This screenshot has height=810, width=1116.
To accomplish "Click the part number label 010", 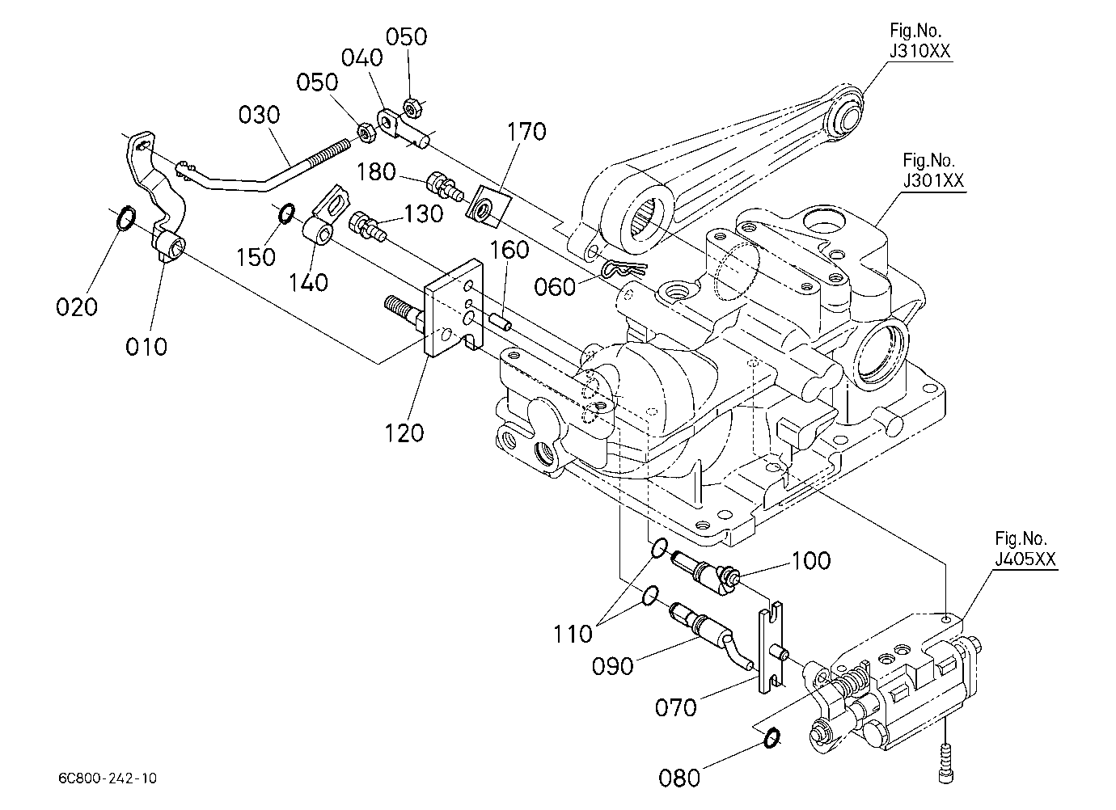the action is coord(146,347).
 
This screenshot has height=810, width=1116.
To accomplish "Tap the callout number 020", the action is coord(77,307).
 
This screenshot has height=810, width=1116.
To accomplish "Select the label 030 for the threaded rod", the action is coord(259,115).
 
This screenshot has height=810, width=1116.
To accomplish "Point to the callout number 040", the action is coord(361,57).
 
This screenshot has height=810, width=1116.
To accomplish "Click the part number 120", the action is coord(404,433).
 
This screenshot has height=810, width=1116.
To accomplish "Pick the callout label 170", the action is coord(526,132).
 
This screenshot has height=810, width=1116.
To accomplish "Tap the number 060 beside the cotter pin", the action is coord(555,287).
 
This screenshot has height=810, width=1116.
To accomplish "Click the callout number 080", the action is coord(679,778).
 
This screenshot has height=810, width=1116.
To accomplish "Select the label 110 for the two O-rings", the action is coord(573,634).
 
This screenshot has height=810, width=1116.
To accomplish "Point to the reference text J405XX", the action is coord(1025,559).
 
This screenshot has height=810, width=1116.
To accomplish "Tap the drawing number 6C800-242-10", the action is coord(108,778).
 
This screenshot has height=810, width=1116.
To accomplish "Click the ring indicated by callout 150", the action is coord(287,213).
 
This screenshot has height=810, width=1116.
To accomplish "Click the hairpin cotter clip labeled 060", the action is coord(624,269).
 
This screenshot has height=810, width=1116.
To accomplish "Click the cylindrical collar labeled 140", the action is coord(319,230).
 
